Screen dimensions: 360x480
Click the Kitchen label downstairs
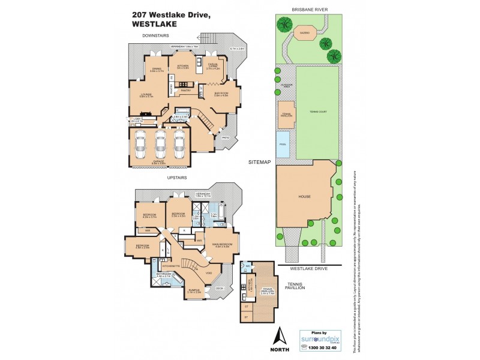182,66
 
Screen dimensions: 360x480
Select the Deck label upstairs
219,289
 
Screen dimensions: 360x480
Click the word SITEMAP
262,162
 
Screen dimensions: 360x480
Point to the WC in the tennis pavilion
247,265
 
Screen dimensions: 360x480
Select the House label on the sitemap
302,196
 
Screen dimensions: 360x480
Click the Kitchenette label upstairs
171,265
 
